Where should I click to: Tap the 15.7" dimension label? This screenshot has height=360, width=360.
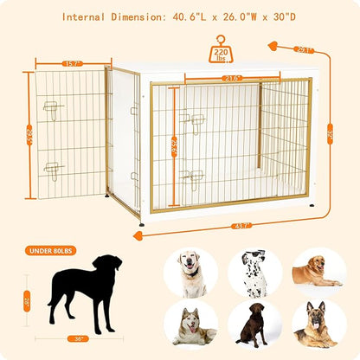(71, 62)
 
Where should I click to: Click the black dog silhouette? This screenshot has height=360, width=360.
(85, 291)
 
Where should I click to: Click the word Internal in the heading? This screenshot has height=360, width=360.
(89, 16)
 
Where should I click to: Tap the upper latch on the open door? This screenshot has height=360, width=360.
(54, 109)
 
